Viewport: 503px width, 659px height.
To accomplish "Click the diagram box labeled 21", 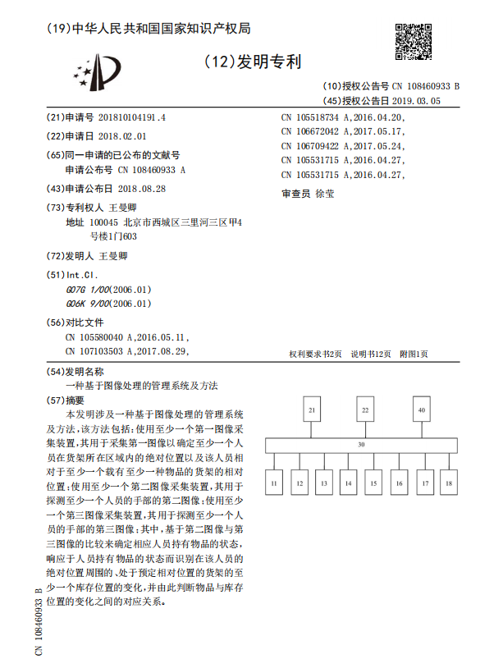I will coord(312,409).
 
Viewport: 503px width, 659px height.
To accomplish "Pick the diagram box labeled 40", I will coord(422,409).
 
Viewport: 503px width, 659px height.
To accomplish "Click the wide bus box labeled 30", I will coord(361,445).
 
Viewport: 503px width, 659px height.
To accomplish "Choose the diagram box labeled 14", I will coord(349,483).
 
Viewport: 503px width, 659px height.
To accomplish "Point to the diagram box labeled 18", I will coord(449,483).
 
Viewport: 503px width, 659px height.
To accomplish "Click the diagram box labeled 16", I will coord(399,483).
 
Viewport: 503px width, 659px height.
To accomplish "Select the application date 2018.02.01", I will coord(121,135).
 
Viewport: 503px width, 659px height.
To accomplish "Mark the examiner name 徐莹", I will coord(324,194).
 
